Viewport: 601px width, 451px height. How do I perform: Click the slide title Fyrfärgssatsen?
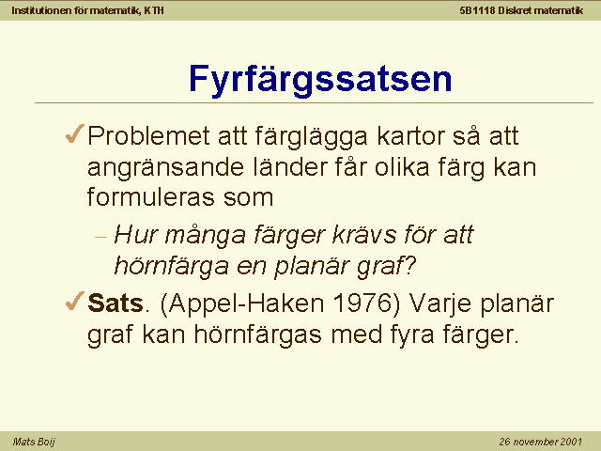(x=320, y=80)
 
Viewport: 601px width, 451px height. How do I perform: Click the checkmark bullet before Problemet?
(x=75, y=133)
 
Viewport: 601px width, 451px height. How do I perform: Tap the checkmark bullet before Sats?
(x=75, y=301)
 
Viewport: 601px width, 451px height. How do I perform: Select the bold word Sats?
(x=116, y=303)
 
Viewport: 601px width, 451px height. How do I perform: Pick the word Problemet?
(x=149, y=135)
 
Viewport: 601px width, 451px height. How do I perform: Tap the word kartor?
(x=410, y=135)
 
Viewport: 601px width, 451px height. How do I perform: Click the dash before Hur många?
(x=100, y=237)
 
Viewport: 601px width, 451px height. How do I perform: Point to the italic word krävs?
(x=364, y=234)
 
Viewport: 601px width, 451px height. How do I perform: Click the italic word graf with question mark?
(x=386, y=266)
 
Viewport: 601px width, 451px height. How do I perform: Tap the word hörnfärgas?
(x=257, y=334)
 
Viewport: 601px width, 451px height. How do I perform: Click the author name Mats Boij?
(x=34, y=442)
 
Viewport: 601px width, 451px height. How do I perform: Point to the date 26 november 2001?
(x=541, y=442)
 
